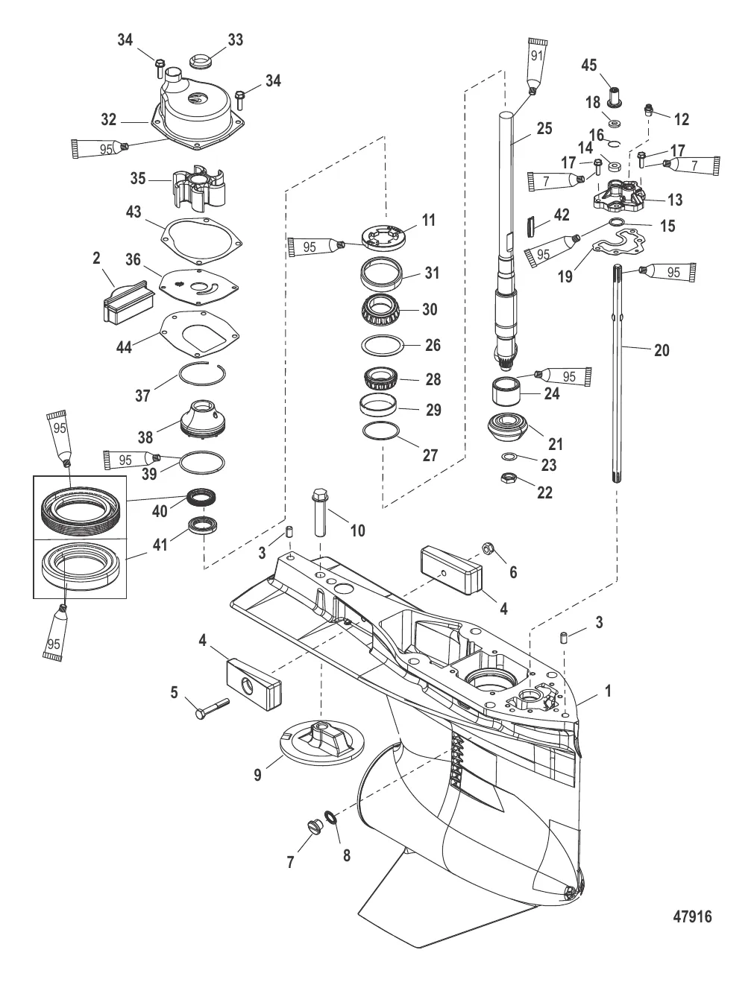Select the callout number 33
point(235,39)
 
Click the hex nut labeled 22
point(509,478)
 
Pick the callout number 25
point(544,129)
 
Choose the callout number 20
point(662,349)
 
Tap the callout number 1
point(608,691)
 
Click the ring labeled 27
point(383,431)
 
